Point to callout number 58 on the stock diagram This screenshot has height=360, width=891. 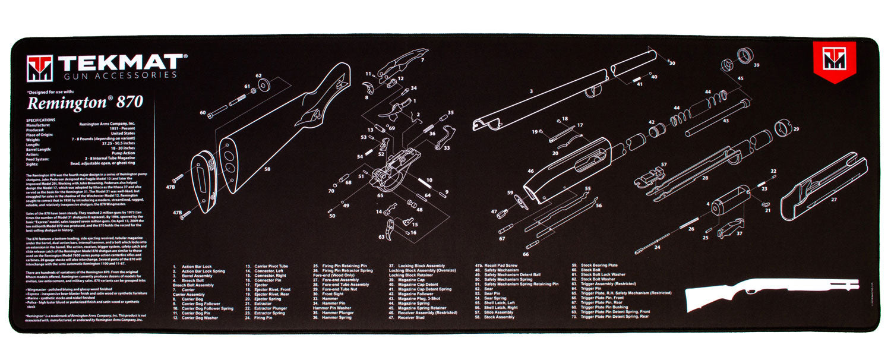tap(267, 169)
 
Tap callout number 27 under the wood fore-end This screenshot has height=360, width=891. tap(834, 200)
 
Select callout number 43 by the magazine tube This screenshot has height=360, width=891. tap(725, 120)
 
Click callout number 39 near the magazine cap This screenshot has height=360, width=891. tap(756, 65)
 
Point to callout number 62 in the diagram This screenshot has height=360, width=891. tap(258, 76)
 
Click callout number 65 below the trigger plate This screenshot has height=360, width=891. tap(380, 195)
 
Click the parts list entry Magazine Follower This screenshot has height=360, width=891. tap(415, 293)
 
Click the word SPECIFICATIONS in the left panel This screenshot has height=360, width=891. tap(41, 119)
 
